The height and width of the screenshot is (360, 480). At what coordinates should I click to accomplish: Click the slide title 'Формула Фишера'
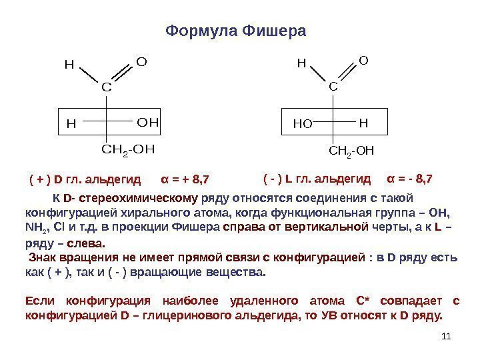(235, 31)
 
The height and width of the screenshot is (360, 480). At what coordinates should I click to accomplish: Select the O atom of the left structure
(141, 62)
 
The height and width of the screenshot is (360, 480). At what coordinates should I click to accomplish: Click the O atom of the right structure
(363, 61)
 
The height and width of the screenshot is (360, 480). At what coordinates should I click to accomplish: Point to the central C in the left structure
(105, 87)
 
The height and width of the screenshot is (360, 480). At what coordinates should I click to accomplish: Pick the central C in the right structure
(333, 86)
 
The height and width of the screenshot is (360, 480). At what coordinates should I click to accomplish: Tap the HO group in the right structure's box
(303, 124)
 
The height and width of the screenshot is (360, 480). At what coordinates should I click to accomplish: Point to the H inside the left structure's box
(71, 124)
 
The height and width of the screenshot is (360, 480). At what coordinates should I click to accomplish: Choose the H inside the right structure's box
(363, 123)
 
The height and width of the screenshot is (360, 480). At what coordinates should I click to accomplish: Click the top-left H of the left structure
(68, 65)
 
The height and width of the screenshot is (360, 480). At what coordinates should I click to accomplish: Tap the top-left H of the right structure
(301, 64)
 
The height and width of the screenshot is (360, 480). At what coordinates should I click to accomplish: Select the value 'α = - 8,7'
(410, 179)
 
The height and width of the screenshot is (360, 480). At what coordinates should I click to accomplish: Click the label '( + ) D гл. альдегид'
(85, 179)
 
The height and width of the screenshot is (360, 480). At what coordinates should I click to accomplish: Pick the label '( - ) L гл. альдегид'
(317, 179)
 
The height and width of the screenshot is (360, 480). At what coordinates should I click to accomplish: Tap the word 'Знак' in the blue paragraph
(44, 258)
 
